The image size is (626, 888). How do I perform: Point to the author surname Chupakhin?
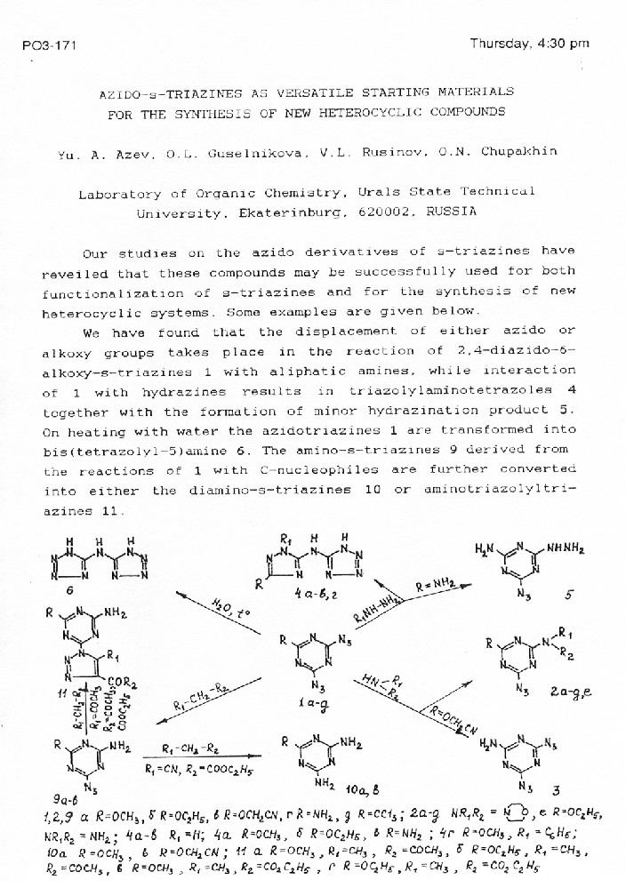[x=519, y=151]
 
